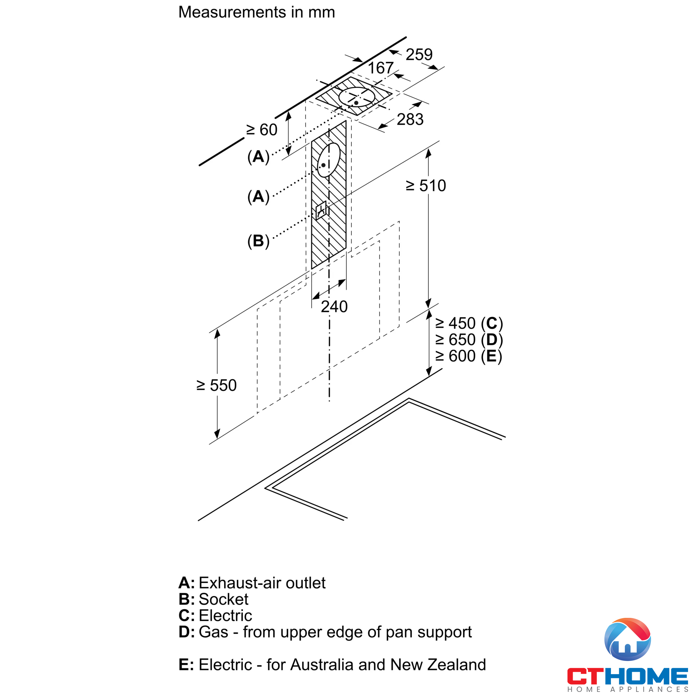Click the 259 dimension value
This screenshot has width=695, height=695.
point(419,55)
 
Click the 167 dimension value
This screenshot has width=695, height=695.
point(381,68)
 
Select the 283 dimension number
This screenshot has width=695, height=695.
point(410,120)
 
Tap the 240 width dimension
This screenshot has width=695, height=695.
point(334,307)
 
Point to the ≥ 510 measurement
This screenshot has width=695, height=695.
point(426,186)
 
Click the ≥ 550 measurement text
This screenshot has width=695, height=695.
point(216,386)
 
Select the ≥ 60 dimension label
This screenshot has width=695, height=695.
point(262,130)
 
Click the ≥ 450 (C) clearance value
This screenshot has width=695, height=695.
point(469,324)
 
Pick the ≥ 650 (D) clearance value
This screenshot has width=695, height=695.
point(469,340)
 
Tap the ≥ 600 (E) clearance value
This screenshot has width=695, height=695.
point(469,357)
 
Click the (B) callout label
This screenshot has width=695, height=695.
point(258,241)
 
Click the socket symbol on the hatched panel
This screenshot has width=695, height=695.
point(321,211)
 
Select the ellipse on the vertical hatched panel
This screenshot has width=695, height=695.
point(329,160)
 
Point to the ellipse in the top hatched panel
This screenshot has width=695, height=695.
point(357,97)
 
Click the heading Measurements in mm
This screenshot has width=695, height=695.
point(256,12)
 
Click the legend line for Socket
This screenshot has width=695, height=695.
point(213,599)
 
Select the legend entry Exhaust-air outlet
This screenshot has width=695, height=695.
point(252,583)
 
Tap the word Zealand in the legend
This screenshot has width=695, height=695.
point(457,665)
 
